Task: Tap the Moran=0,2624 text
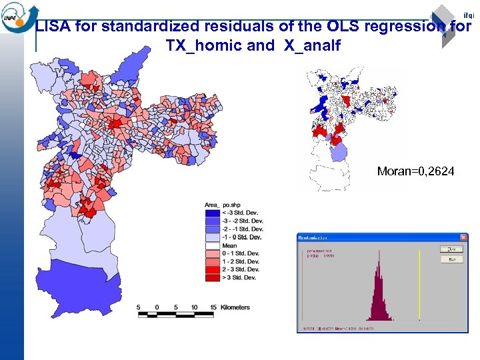tap(415, 171)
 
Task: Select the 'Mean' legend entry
tap(230, 245)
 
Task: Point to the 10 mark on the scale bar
tap(194, 307)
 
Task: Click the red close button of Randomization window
tap(463, 237)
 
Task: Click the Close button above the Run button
tap(451, 249)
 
